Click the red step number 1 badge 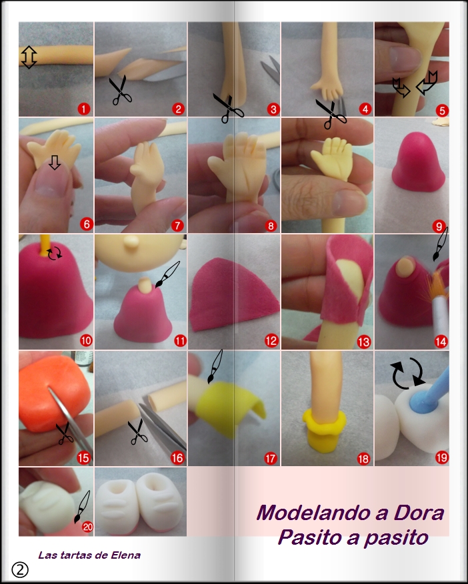(83, 108)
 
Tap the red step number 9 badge (439, 225)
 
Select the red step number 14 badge (440, 342)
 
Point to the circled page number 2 (20, 569)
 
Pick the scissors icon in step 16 (137, 431)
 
